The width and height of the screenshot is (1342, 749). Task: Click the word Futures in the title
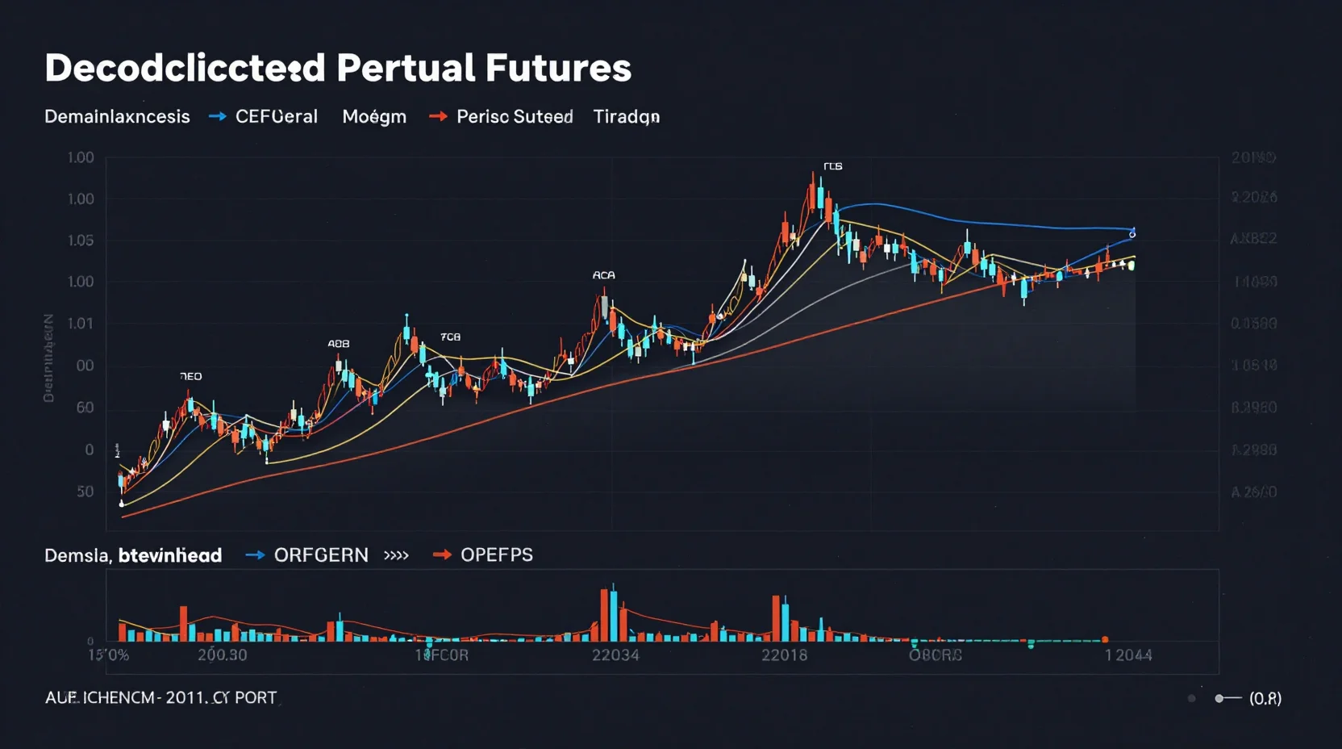[558, 68]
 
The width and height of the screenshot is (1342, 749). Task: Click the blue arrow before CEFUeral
[217, 117]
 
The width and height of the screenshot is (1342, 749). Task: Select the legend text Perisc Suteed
[515, 117]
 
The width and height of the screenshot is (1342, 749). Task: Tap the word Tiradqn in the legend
[627, 117]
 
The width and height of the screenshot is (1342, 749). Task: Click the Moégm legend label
[374, 117]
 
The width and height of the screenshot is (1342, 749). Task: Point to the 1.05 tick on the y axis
[81, 241]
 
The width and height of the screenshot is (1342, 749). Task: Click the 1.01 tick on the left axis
[81, 324]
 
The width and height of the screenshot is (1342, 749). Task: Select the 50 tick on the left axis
[85, 492]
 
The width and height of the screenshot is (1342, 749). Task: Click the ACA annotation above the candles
[603, 275]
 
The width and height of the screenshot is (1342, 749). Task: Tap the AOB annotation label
[339, 344]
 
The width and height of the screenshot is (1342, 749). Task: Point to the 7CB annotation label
[450, 337]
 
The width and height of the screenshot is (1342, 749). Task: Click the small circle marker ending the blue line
[1132, 235]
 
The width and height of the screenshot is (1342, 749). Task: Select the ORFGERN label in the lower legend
[321, 555]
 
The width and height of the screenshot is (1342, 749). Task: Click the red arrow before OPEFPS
[442, 555]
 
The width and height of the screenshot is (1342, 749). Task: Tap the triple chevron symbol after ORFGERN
[396, 555]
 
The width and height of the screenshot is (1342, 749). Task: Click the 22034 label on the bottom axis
[615, 655]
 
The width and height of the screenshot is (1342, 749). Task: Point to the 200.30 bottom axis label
[223, 655]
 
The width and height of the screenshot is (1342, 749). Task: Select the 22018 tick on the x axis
[785, 655]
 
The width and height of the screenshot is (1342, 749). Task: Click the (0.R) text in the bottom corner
[1265, 699]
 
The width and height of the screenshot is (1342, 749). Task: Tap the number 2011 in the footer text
[185, 698]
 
